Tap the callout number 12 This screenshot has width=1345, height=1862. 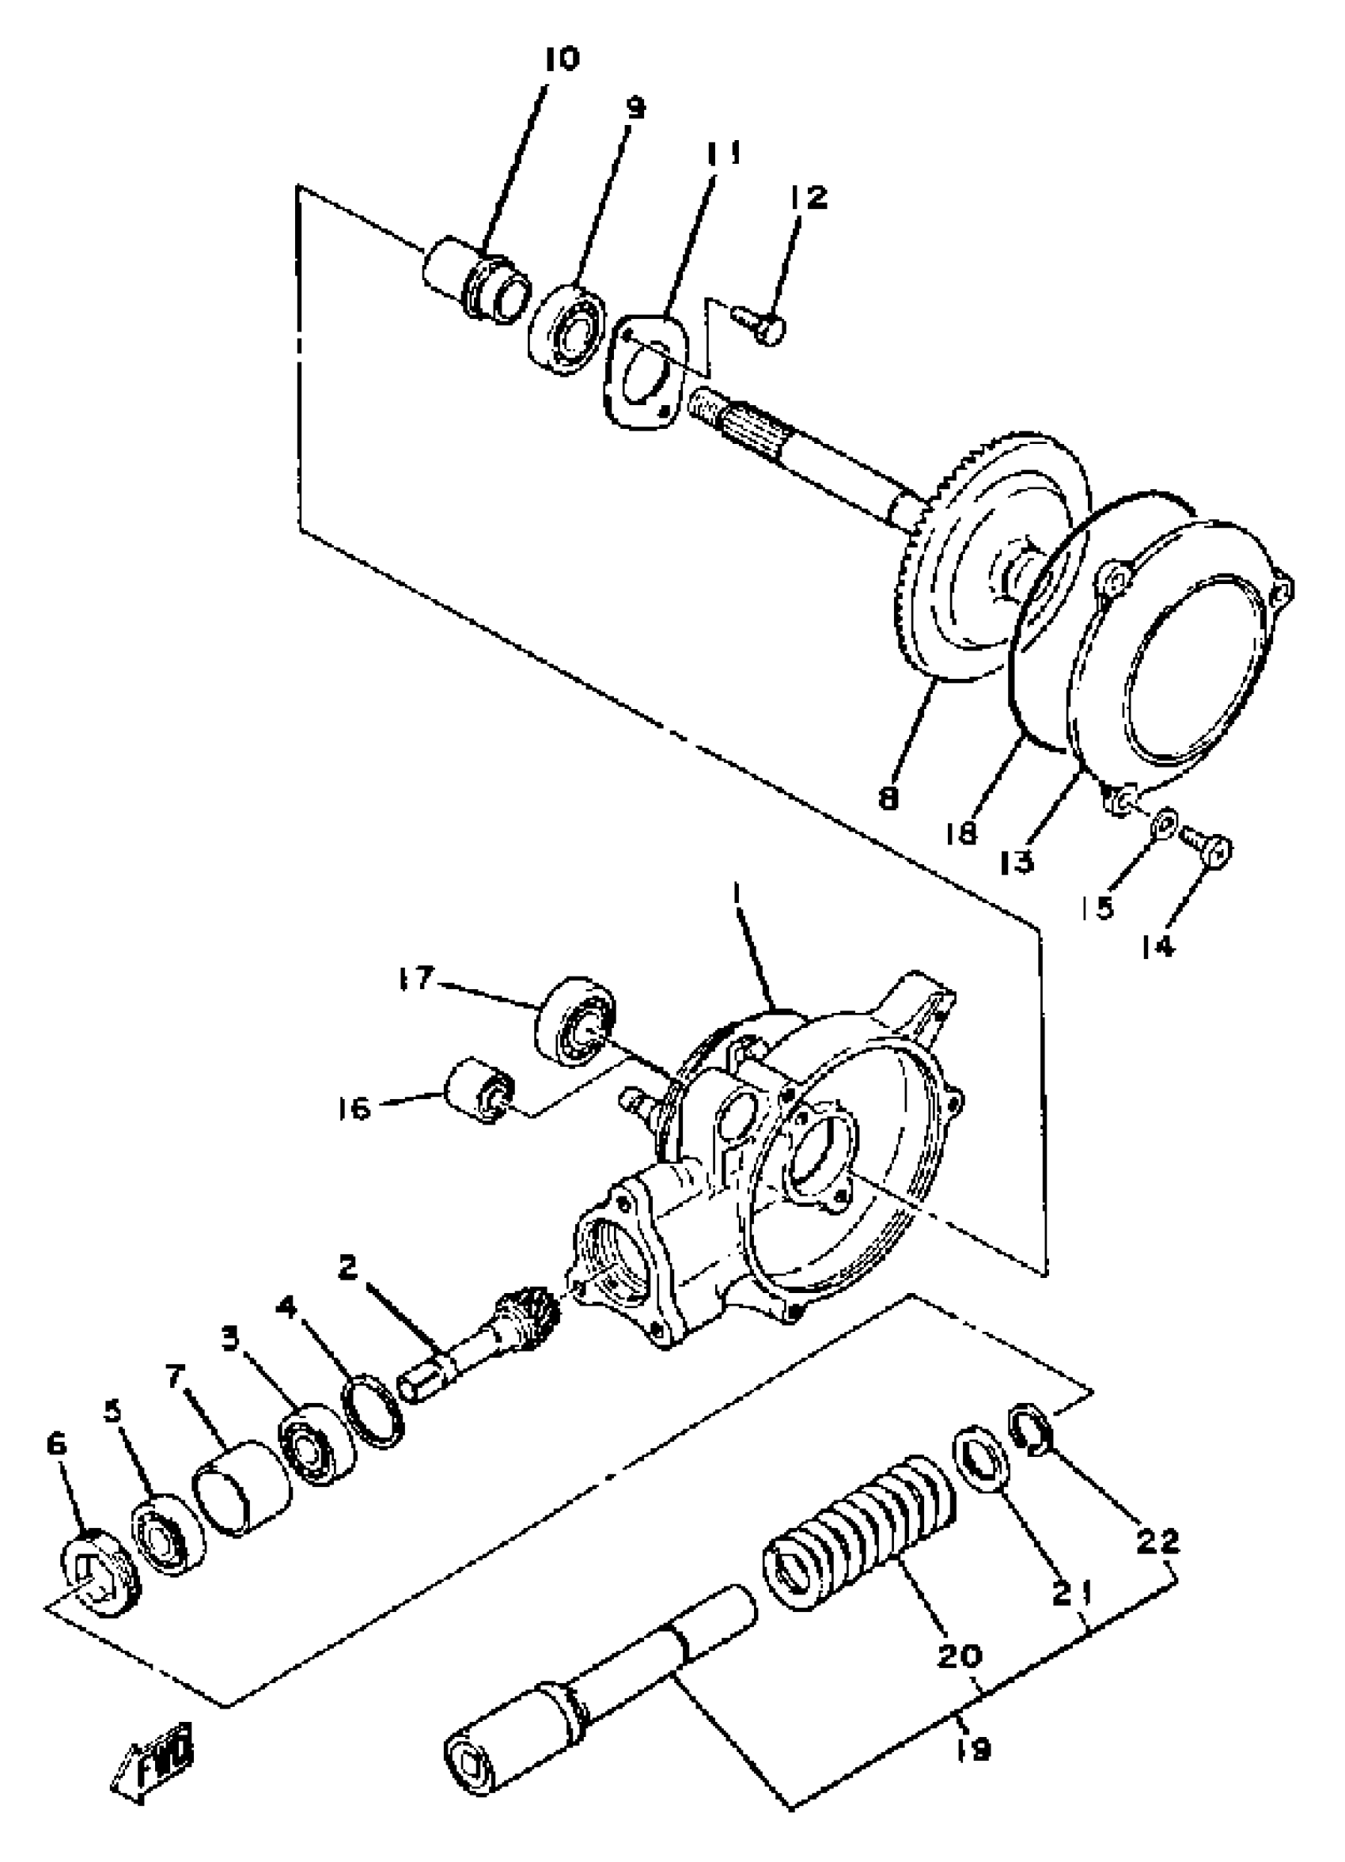click(x=809, y=197)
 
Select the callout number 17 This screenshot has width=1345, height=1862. click(x=417, y=980)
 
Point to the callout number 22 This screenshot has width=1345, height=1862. click(x=1157, y=1540)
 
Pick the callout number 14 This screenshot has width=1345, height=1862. click(x=1157, y=946)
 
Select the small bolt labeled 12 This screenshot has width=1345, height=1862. click(x=760, y=324)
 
